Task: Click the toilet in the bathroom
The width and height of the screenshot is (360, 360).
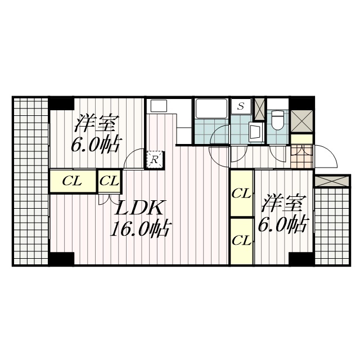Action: (277, 120)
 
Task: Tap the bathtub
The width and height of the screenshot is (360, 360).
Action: (211, 109)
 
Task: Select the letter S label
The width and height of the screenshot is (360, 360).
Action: (241, 106)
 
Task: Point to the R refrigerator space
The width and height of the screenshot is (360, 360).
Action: (155, 160)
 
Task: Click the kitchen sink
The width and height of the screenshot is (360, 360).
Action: (159, 106)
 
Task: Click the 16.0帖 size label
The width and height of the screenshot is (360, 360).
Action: (140, 228)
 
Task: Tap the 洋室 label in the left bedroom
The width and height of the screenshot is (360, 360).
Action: (96, 123)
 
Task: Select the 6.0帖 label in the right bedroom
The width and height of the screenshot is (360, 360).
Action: (282, 224)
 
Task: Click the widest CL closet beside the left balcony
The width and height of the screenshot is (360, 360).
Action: (73, 181)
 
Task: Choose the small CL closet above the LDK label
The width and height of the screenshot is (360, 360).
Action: (110, 181)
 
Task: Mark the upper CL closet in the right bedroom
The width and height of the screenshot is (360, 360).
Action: (241, 193)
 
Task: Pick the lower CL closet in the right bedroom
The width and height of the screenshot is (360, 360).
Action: (241, 241)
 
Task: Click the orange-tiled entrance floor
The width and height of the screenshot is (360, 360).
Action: (301, 156)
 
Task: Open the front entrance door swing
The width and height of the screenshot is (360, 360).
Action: (325, 156)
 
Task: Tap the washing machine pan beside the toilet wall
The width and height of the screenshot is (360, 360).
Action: (256, 133)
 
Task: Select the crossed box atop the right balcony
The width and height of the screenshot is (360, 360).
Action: (332, 181)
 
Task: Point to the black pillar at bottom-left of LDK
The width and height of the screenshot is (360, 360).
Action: (62, 259)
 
